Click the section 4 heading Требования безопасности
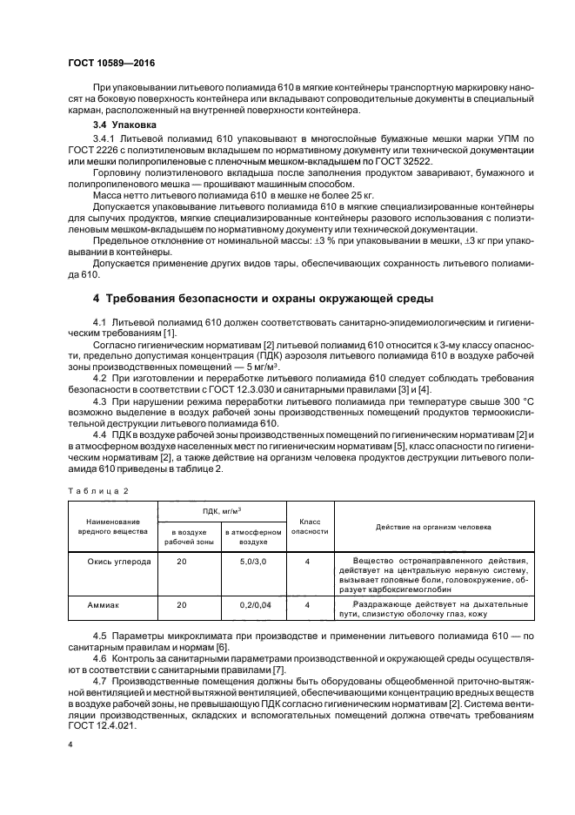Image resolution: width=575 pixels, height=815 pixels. [263, 299]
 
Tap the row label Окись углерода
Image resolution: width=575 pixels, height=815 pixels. [119, 562]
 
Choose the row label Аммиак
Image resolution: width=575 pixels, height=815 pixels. [104, 603]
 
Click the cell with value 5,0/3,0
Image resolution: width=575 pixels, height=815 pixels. [251, 562]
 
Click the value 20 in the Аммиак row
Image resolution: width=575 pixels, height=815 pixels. [182, 603]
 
